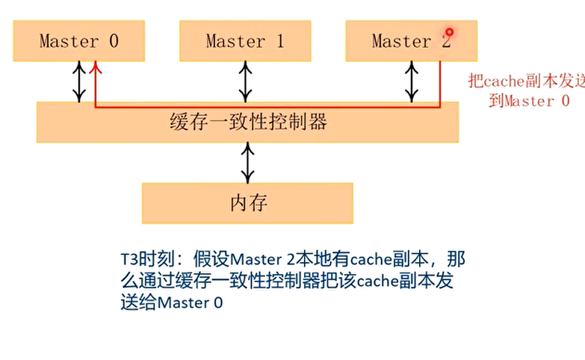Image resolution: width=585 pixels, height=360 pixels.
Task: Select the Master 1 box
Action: (244, 41)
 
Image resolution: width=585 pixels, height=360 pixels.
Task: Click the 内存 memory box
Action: (247, 202)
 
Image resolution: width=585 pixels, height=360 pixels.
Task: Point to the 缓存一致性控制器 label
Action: (248, 121)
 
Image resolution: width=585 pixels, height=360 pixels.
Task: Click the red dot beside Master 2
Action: (449, 32)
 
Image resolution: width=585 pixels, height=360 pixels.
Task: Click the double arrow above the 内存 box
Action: (247, 161)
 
